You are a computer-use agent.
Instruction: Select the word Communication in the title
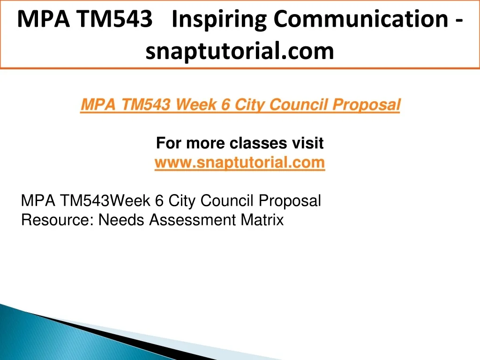[361, 19]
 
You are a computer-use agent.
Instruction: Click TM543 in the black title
[114, 19]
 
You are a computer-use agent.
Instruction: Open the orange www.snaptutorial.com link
[240, 162]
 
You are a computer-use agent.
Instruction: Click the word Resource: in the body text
[57, 220]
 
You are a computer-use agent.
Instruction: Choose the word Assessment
[193, 220]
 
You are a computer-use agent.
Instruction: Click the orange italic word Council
[299, 105]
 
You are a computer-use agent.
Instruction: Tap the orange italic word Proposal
[367, 105]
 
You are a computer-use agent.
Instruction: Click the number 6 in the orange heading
[225, 105]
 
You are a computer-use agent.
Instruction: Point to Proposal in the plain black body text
[290, 201]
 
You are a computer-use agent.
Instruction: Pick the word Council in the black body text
[227, 201]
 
